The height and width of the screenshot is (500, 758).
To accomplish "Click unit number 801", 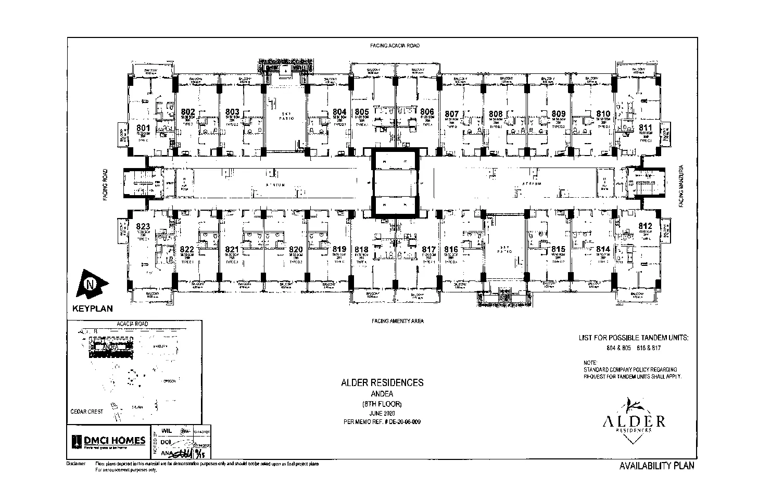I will pyautogui.click(x=143, y=128).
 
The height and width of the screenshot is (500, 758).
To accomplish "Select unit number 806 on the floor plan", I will pyautogui.click(x=427, y=111).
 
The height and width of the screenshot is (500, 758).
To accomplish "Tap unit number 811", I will pyautogui.click(x=645, y=128).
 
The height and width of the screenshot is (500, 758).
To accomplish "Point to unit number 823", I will pyautogui.click(x=143, y=226).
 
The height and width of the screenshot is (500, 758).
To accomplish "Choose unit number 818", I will pyautogui.click(x=361, y=250).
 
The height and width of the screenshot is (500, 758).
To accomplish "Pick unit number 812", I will pyautogui.click(x=645, y=226).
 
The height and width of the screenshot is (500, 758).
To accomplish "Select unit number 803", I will pyautogui.click(x=232, y=111).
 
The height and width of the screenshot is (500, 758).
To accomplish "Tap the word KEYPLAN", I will pyautogui.click(x=93, y=309).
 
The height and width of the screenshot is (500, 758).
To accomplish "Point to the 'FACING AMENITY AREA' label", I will pyautogui.click(x=397, y=321).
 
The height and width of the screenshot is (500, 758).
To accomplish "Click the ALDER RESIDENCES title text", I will pyautogui.click(x=382, y=382).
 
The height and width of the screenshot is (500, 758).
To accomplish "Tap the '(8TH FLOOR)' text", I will pyautogui.click(x=382, y=403).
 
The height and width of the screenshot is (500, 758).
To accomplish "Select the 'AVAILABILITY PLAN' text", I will pyautogui.click(x=656, y=466).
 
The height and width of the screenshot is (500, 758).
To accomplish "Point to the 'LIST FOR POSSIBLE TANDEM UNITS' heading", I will pyautogui.click(x=634, y=338).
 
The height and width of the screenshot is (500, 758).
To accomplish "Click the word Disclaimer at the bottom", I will pyautogui.click(x=76, y=464).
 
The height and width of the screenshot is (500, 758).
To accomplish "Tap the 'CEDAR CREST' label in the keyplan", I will pyautogui.click(x=87, y=411).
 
